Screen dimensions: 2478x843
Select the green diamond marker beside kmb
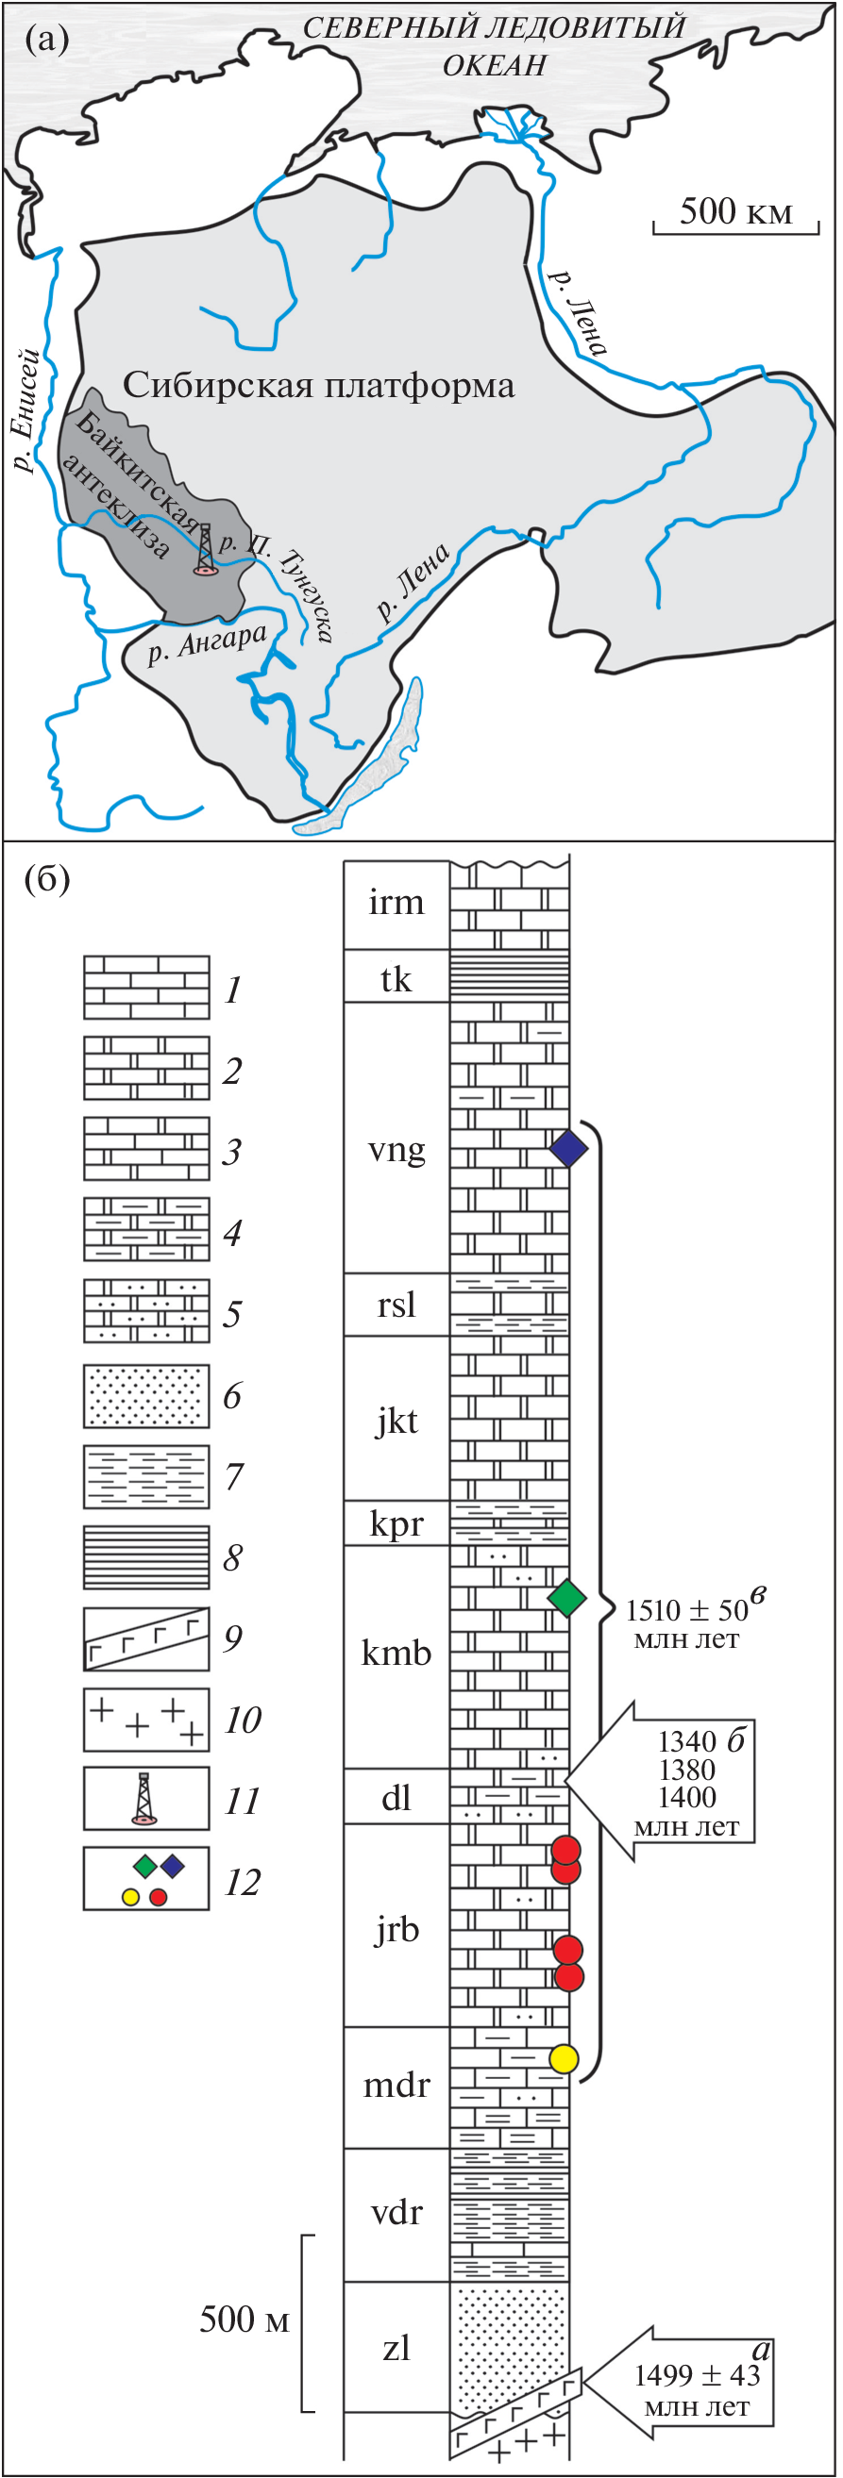[x=566, y=1598]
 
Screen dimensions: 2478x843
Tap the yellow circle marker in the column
[x=563, y=2058]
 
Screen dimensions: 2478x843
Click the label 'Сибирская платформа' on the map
[x=318, y=386]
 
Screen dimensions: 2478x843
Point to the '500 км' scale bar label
[x=735, y=211]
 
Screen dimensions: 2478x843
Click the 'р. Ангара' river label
[x=206, y=643]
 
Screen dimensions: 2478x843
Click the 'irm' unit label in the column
[x=396, y=903]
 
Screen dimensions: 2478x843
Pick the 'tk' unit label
[x=396, y=979]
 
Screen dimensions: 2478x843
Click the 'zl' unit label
[x=396, y=2348]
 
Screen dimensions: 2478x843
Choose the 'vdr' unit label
[x=396, y=2213]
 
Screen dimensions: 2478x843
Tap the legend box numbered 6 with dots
[x=146, y=1395]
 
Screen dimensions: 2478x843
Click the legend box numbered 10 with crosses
[x=146, y=1719]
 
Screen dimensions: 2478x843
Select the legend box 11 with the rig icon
[x=146, y=1798]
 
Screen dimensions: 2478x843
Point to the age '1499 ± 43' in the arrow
[x=697, y=2375]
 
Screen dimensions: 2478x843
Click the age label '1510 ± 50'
[x=687, y=1610]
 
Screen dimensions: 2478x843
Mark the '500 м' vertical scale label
[x=244, y=2320]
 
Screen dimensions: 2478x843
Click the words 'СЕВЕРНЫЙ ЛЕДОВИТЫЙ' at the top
[x=495, y=28]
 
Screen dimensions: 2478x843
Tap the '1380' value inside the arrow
[x=687, y=1769]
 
